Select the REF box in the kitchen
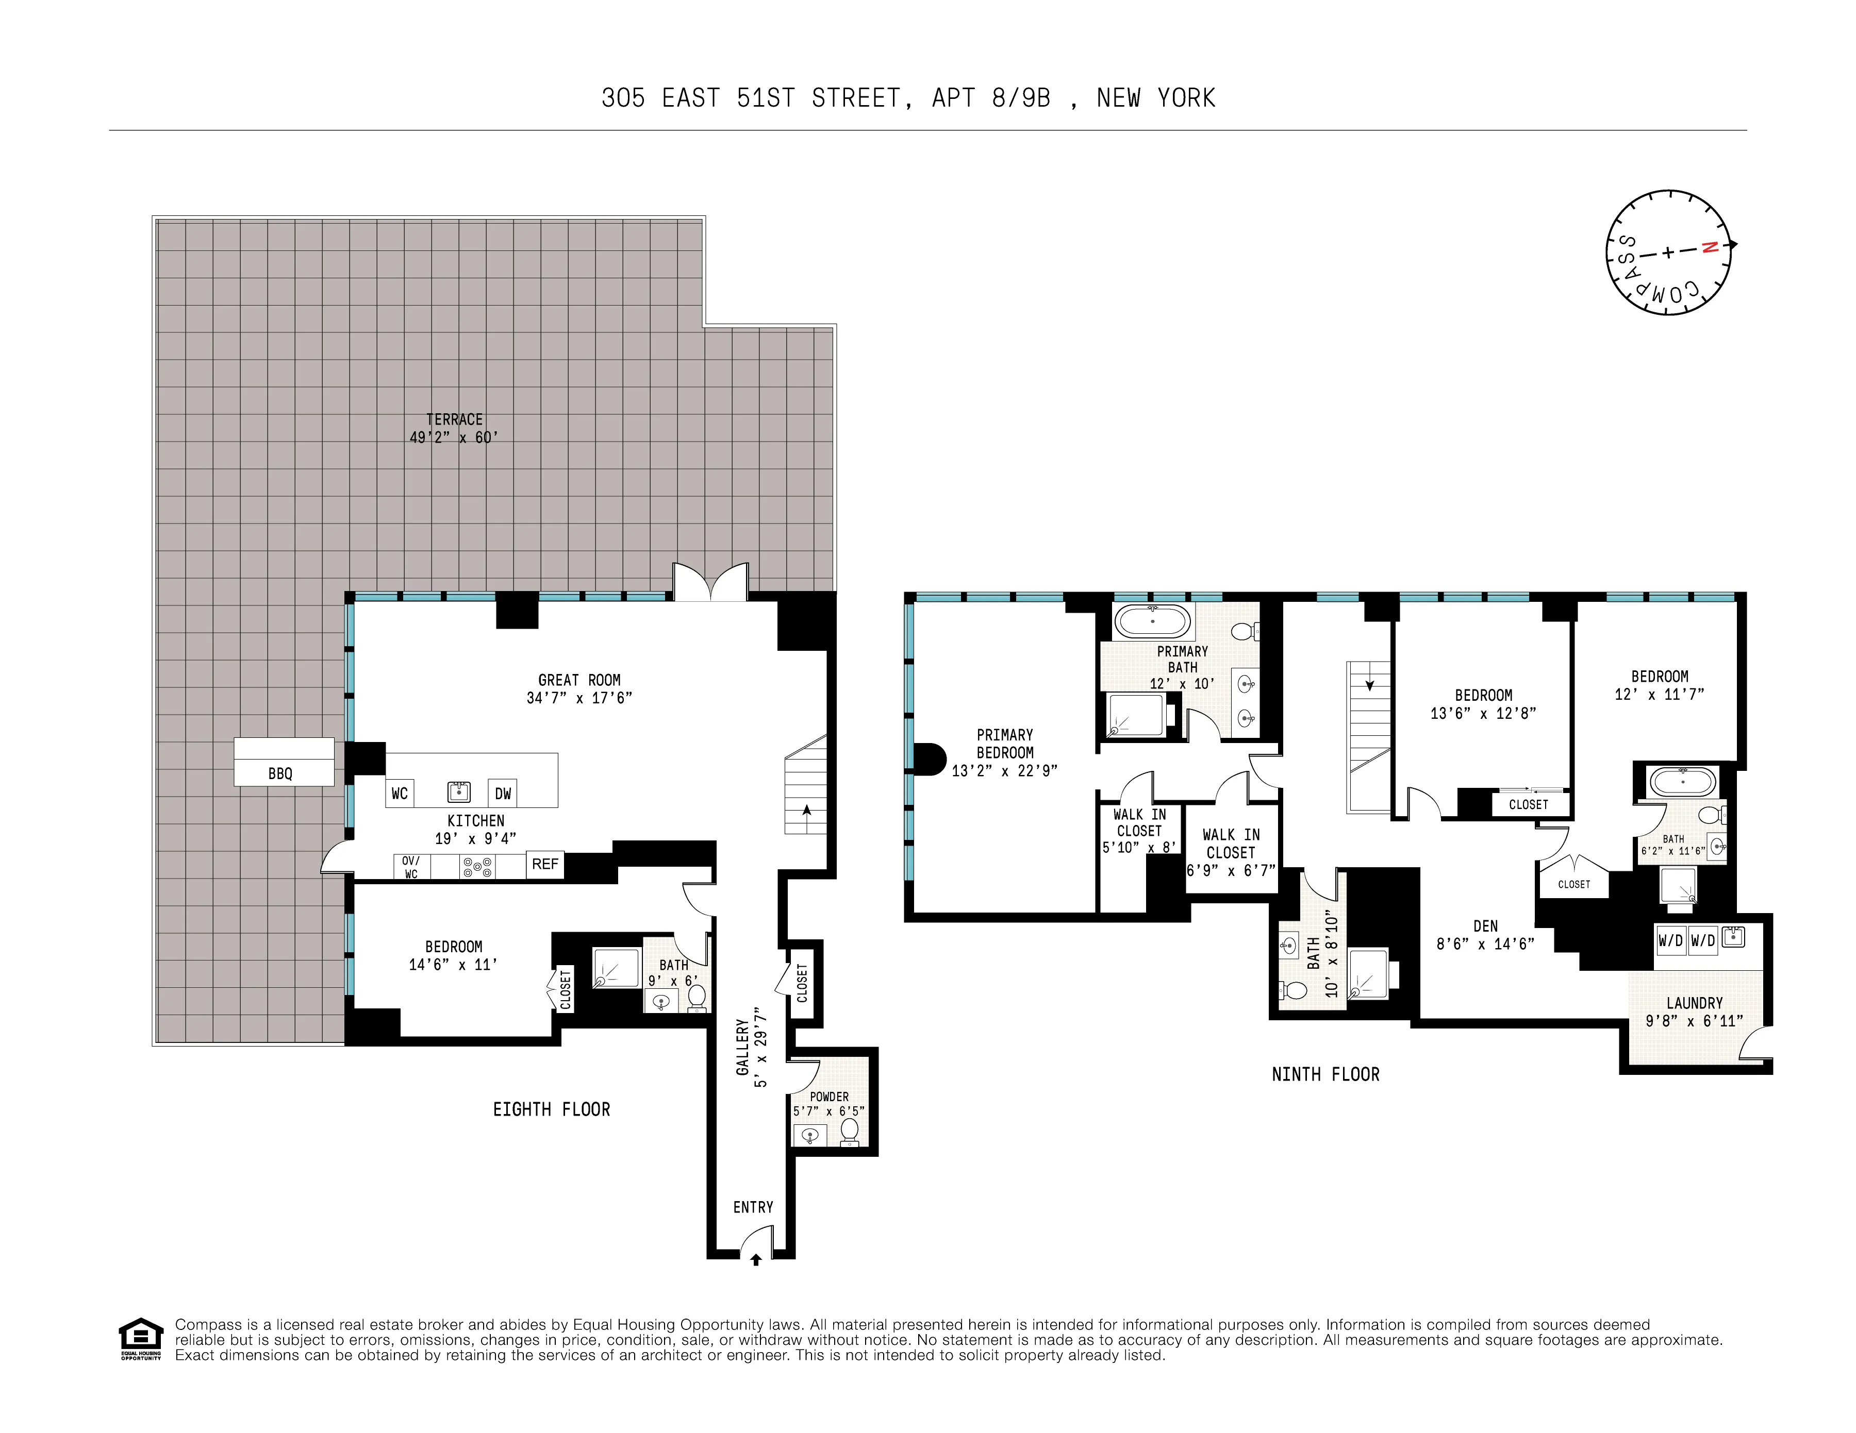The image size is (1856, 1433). point(545,864)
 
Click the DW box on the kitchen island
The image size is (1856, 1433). point(503,794)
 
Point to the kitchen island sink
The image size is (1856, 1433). point(459,791)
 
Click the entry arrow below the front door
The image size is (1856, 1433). point(755,1260)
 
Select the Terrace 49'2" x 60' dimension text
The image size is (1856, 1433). point(454,437)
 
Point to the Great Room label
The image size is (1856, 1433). point(579,680)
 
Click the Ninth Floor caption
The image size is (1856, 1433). point(1325,1074)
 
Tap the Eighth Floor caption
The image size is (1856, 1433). point(552,1109)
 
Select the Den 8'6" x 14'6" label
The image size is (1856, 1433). point(1485,934)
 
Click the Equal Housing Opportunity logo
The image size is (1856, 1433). point(140,1339)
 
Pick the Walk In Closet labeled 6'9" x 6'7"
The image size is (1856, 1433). point(1231,852)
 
